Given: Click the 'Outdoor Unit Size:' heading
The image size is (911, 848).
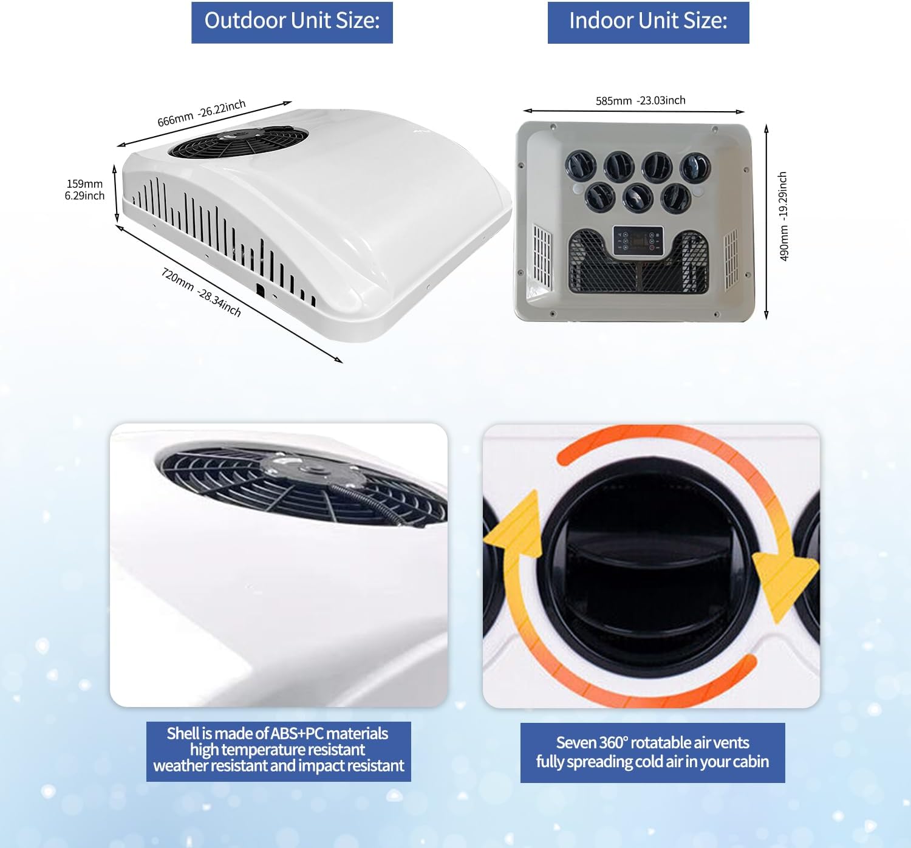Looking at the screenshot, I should [292, 22].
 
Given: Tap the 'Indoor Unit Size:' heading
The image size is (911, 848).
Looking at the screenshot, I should [648, 22].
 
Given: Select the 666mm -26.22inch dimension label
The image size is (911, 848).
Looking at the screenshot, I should [202, 113].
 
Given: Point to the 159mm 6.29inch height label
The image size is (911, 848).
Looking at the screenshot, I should [84, 190].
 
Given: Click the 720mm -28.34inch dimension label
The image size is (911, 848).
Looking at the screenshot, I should [201, 292].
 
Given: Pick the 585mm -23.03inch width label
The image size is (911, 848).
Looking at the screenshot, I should [640, 100].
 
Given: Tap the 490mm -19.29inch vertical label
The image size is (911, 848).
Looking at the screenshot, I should [783, 216].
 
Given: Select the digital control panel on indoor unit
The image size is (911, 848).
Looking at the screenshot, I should [638, 242].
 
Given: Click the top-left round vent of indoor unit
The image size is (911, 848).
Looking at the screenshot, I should [580, 165].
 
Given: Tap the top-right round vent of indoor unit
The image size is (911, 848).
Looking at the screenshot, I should [695, 166].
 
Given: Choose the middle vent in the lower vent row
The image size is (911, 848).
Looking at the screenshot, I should [637, 197].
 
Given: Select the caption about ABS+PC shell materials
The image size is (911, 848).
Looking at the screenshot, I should [278, 750].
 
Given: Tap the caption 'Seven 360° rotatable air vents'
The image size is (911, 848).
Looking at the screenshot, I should [652, 742].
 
